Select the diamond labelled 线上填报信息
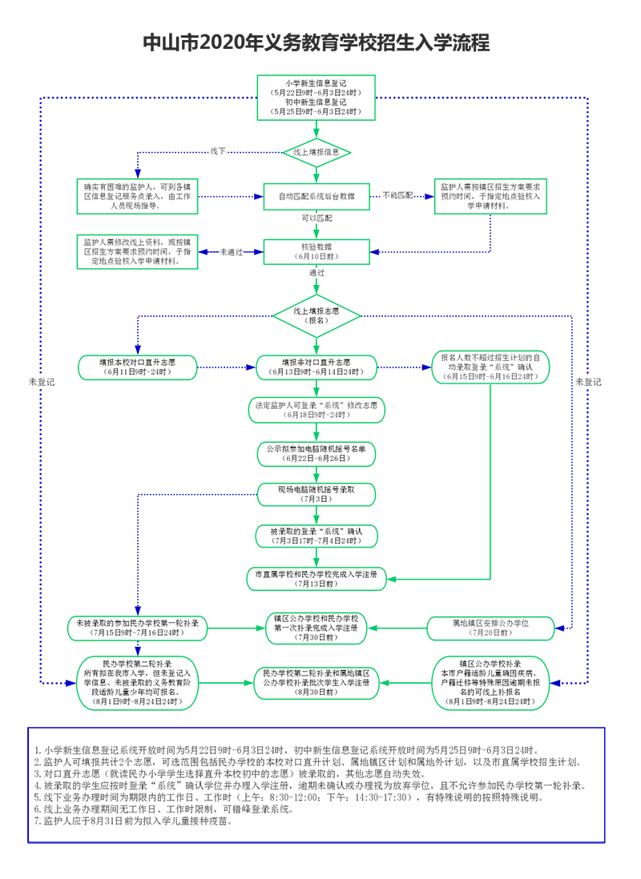pyautogui.click(x=316, y=151)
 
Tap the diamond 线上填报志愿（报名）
pyautogui.click(x=316, y=315)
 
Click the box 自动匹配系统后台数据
pyautogui.click(x=316, y=196)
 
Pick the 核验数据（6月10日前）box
pyautogui.click(x=316, y=251)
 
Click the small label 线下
pyautogui.click(x=218, y=151)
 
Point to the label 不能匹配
pyautogui.click(x=397, y=195)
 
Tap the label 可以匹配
pyautogui.click(x=316, y=218)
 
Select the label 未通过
pyautogui.click(x=231, y=251)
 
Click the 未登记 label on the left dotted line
pyautogui.click(x=41, y=382)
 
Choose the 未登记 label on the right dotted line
pyautogui.click(x=587, y=382)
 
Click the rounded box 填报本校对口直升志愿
pyautogui.click(x=138, y=367)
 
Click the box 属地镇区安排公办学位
pyautogui.click(x=490, y=628)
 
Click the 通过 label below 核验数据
pyautogui.click(x=316, y=273)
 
